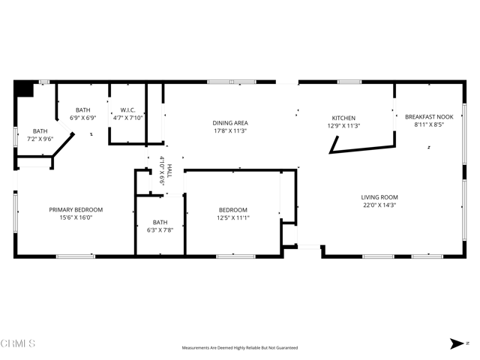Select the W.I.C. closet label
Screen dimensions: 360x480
point(127,109)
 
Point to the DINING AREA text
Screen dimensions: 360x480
point(229,122)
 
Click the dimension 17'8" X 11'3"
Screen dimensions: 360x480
point(229,130)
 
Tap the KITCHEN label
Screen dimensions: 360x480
point(343,118)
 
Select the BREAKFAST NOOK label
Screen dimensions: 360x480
point(429,117)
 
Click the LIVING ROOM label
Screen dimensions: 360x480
point(379,196)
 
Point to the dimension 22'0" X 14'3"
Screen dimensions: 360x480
point(379,205)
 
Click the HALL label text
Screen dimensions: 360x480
point(169,169)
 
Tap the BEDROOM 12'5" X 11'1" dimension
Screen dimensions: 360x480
point(233,218)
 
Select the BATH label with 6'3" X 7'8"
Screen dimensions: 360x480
point(160,222)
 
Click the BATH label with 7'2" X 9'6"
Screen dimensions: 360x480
point(40,131)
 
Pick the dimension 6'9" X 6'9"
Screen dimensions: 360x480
point(82,118)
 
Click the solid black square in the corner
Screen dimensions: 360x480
point(24,89)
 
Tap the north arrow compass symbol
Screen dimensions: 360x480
point(457,343)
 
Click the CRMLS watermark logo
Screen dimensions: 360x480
point(19,343)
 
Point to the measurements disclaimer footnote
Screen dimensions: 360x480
point(240,348)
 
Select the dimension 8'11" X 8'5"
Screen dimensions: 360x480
point(429,125)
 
